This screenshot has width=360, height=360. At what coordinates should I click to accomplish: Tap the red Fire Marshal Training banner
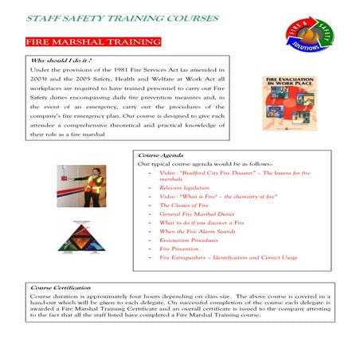(79, 40)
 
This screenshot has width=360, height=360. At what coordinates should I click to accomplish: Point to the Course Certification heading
(61, 288)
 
